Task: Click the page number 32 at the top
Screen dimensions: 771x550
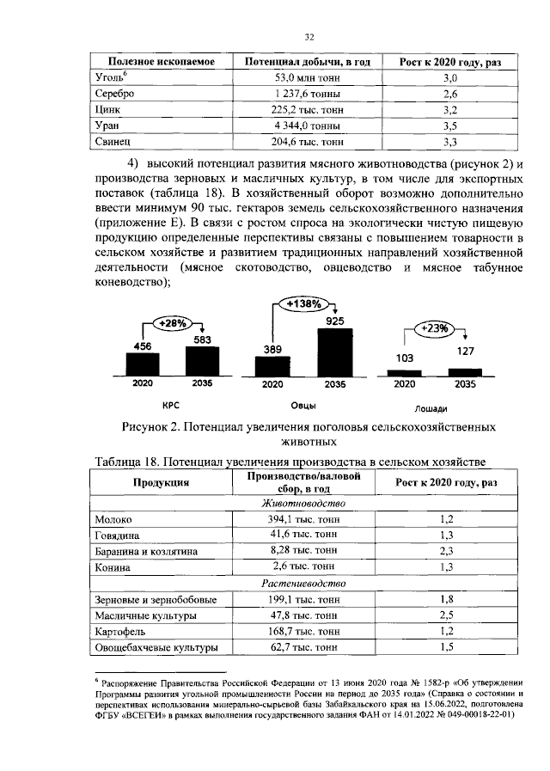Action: click(x=310, y=37)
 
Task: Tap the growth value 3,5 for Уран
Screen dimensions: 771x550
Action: click(x=449, y=125)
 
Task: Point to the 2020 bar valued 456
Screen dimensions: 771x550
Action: click(x=144, y=363)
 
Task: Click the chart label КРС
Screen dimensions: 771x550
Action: click(x=170, y=404)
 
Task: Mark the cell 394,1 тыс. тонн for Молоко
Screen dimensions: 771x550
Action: click(x=302, y=520)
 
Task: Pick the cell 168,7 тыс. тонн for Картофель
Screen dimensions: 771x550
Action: click(x=302, y=632)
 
